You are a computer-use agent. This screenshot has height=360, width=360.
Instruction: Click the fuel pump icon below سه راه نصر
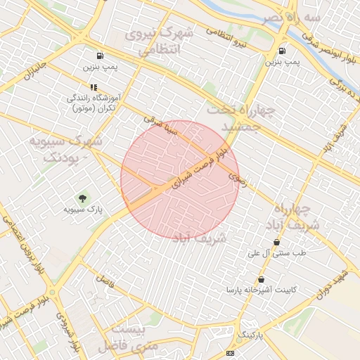283,51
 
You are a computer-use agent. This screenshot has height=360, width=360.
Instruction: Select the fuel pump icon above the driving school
100,56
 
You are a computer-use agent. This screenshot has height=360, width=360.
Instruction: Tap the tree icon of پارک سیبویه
84,198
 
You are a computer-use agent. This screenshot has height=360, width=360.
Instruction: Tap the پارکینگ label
251,336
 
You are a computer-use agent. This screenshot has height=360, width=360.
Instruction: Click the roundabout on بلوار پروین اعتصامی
52,292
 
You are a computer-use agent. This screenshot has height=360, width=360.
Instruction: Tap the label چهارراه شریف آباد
292,217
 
